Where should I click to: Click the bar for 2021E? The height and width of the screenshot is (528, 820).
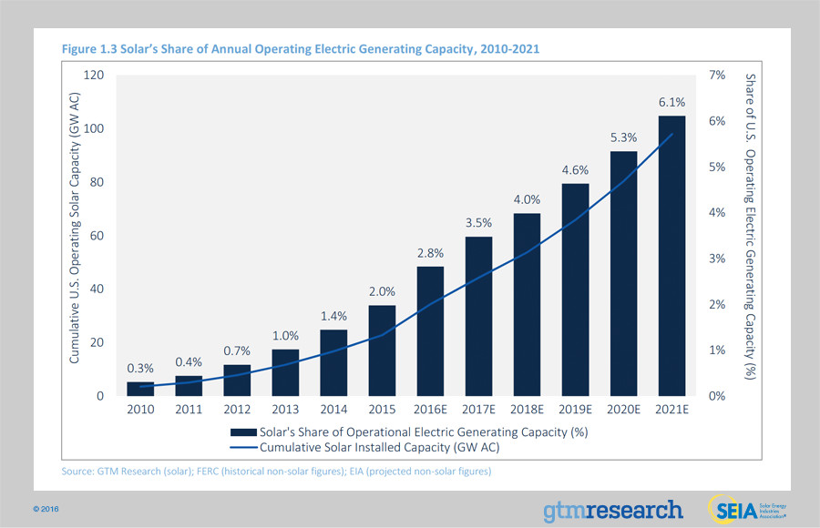click(671, 256)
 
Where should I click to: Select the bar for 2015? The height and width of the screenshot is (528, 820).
click(382, 350)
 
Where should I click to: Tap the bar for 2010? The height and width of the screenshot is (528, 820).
click(140, 389)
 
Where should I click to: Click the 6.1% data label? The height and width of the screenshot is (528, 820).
click(671, 103)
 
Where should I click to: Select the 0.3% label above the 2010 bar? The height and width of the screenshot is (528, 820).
click(140, 369)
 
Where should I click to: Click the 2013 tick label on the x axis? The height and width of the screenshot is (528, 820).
click(285, 410)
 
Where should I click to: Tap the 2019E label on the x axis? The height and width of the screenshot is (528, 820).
click(575, 410)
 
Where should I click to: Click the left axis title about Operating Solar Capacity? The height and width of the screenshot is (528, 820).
click(75, 235)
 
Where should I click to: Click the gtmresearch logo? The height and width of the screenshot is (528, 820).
click(612, 509)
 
